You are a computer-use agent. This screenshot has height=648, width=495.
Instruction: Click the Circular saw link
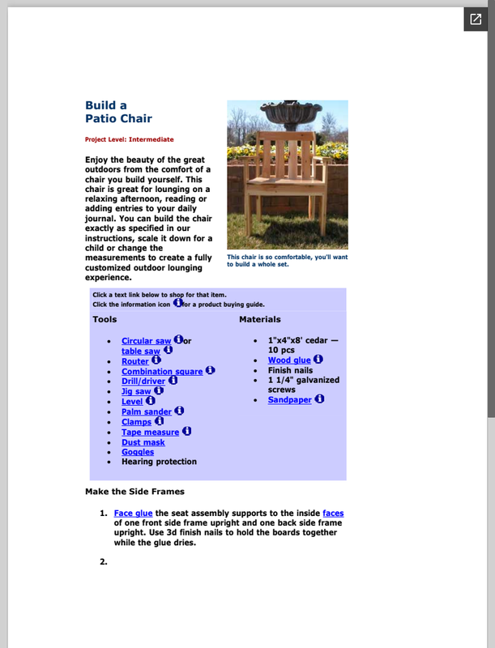point(147,341)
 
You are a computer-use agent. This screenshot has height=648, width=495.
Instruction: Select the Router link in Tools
point(134,361)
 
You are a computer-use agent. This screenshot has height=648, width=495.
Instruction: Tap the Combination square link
point(162,372)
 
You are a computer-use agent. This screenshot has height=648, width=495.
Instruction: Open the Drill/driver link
point(143,382)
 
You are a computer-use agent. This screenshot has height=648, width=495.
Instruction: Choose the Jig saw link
point(136,391)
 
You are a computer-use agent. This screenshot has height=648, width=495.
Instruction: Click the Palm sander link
point(147,412)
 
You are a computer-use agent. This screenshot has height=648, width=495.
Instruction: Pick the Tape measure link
point(150,433)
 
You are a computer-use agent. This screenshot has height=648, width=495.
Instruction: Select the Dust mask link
point(143,442)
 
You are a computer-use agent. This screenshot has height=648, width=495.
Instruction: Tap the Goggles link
point(137,452)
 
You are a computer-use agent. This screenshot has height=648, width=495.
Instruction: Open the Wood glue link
point(289,360)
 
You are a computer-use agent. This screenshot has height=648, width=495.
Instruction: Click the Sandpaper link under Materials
point(289,399)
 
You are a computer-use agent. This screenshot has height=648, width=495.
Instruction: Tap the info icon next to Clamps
point(160,421)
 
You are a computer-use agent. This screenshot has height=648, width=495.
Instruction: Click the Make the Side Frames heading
point(134,492)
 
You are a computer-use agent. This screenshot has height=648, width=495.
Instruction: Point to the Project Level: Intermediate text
point(129,139)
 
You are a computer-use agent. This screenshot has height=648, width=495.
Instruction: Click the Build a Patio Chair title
point(118,112)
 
